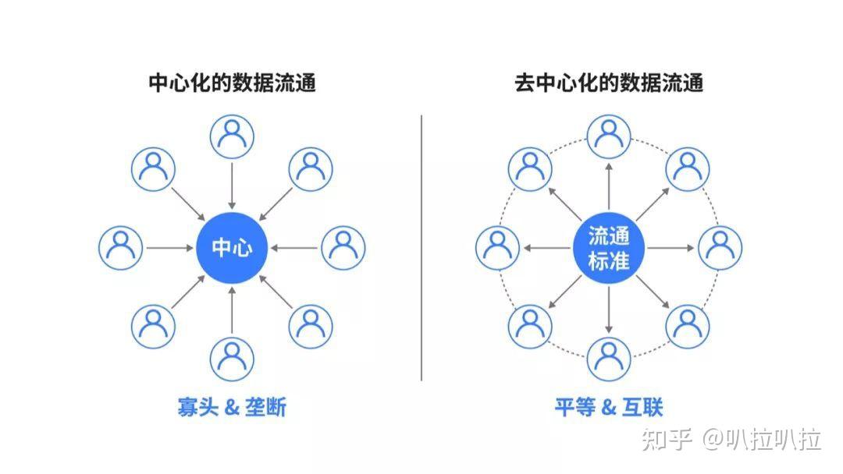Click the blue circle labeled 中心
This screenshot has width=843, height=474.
pos(232,248)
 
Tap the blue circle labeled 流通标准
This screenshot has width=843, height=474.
pos(609,248)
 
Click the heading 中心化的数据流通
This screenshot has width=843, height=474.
pos(232,83)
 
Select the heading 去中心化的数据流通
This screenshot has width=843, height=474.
pos(609,83)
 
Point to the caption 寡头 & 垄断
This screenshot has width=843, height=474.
pos(232,407)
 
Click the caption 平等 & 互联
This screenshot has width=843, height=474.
pos(609,407)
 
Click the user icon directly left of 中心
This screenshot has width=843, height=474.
pos(121,248)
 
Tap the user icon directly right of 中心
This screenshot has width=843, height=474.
pos(343,248)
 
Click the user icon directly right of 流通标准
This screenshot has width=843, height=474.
pos(720,248)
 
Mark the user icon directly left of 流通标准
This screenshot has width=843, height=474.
pos(498,248)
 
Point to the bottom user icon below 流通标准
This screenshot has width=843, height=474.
pos(609,358)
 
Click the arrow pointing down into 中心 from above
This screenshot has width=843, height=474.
pos(232,183)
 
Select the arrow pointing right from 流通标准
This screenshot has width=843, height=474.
pos(670,248)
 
